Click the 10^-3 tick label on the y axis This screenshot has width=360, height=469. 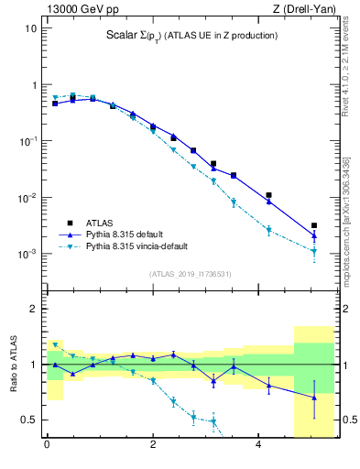pos(27,254)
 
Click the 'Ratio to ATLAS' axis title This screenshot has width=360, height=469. pos(14,365)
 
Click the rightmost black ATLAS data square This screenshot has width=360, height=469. pos(313,225)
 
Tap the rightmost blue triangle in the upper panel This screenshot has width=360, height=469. pos(313,235)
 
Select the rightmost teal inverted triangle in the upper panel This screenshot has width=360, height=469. pos(313,251)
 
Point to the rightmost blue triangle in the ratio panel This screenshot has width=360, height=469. pos(313,398)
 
